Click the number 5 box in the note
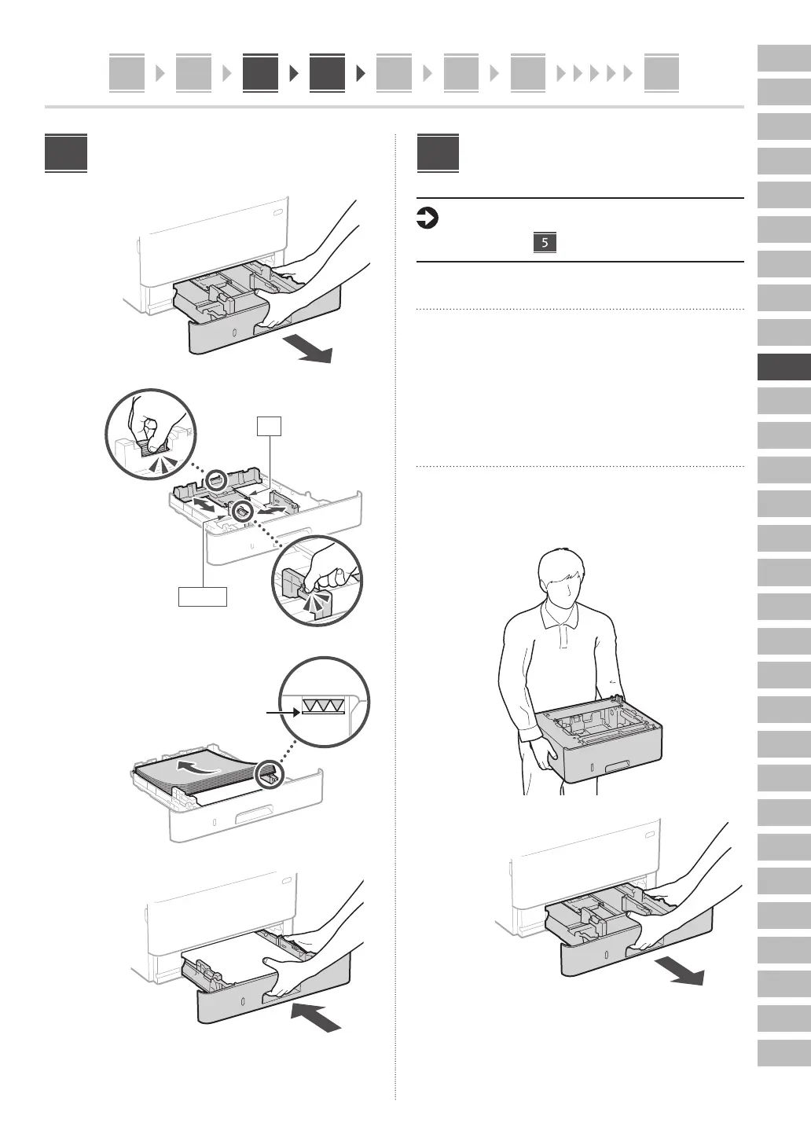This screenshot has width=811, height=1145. pos(544,241)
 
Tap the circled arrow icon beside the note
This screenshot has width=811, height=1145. pos(426,218)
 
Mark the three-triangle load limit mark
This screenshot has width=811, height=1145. pos(323,706)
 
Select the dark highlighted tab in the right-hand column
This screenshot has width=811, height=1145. pos(783,367)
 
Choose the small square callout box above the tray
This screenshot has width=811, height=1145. pos(269,425)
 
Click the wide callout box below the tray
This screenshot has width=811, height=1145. pos(203,596)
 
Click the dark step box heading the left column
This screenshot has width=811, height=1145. pos(66,153)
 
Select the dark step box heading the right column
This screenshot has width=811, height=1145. pos(438,153)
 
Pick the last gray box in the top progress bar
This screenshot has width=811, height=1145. pos(661,73)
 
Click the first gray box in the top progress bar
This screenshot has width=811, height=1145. pos(127,73)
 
